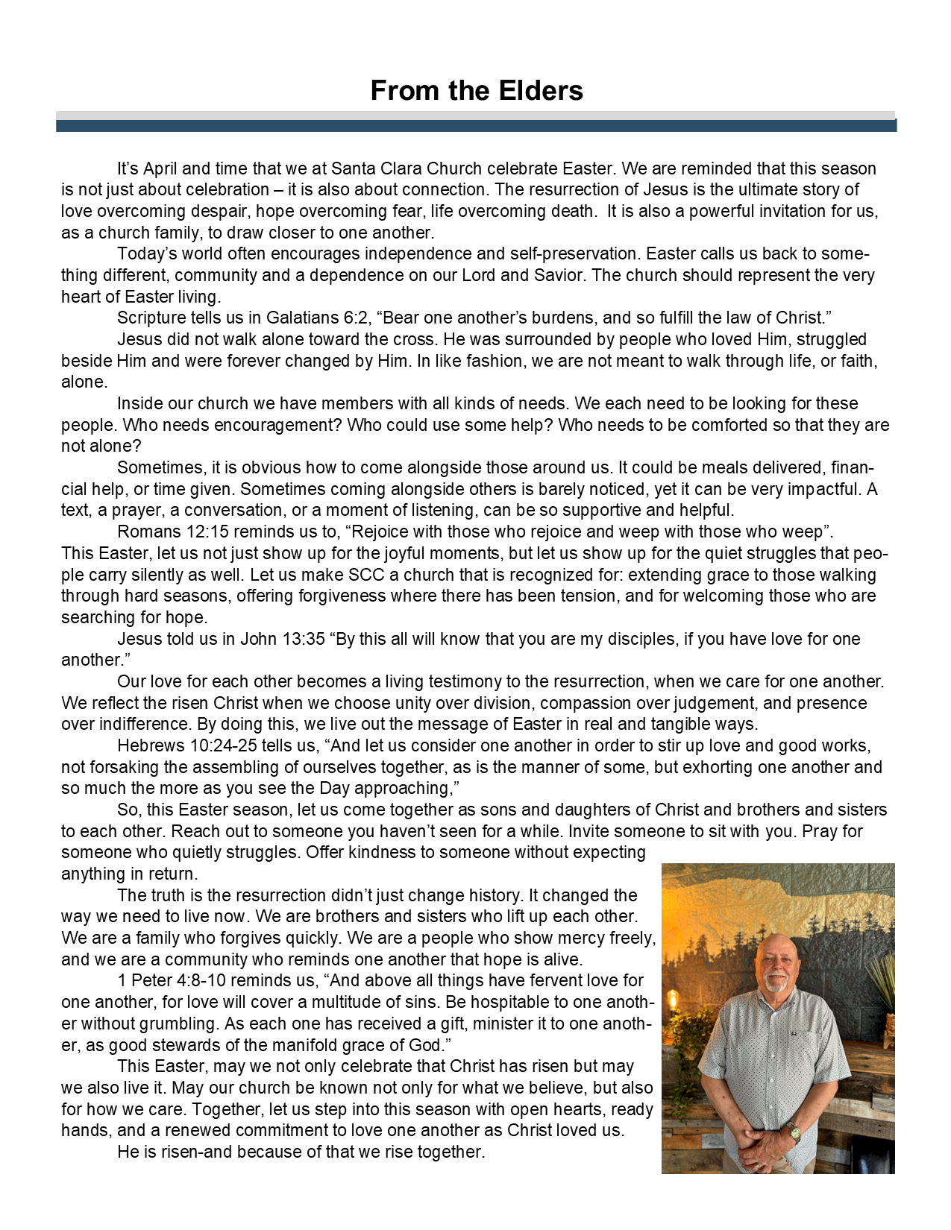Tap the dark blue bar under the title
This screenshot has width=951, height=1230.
tap(476, 126)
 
